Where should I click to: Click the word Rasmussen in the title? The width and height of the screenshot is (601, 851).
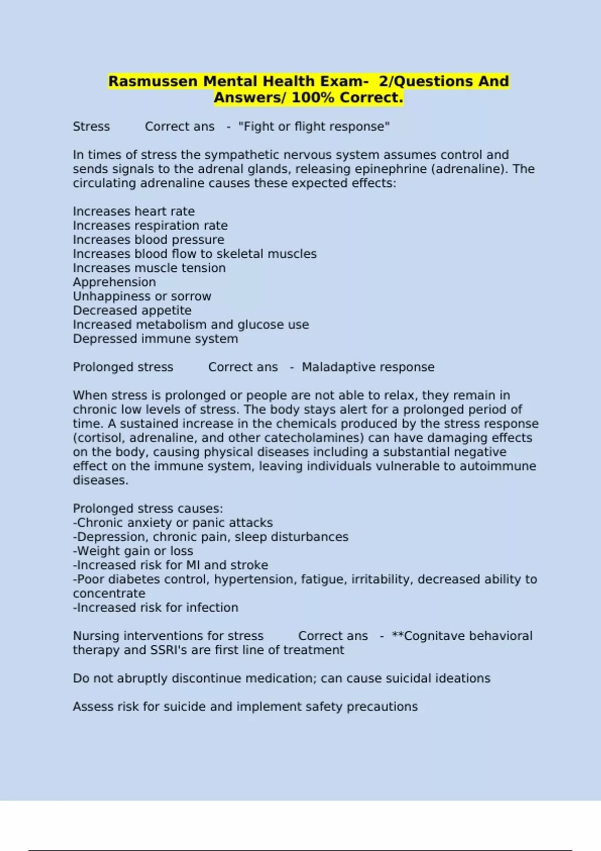(x=153, y=81)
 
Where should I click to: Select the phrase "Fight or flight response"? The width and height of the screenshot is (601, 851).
(x=314, y=127)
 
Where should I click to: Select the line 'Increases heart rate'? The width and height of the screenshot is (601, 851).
(x=134, y=211)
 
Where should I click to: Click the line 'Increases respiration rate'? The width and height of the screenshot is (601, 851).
(x=150, y=225)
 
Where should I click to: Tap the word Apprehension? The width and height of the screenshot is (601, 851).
(x=114, y=282)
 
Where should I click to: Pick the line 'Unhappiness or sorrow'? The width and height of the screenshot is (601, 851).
(x=142, y=296)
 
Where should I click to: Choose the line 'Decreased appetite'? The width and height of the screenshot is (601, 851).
(x=132, y=310)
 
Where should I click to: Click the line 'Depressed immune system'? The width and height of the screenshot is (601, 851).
(x=155, y=339)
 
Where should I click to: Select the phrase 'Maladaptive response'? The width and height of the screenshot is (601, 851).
(x=368, y=367)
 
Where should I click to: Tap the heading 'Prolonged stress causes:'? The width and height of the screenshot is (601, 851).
(x=148, y=509)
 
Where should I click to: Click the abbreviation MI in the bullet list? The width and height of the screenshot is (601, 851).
(x=193, y=565)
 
